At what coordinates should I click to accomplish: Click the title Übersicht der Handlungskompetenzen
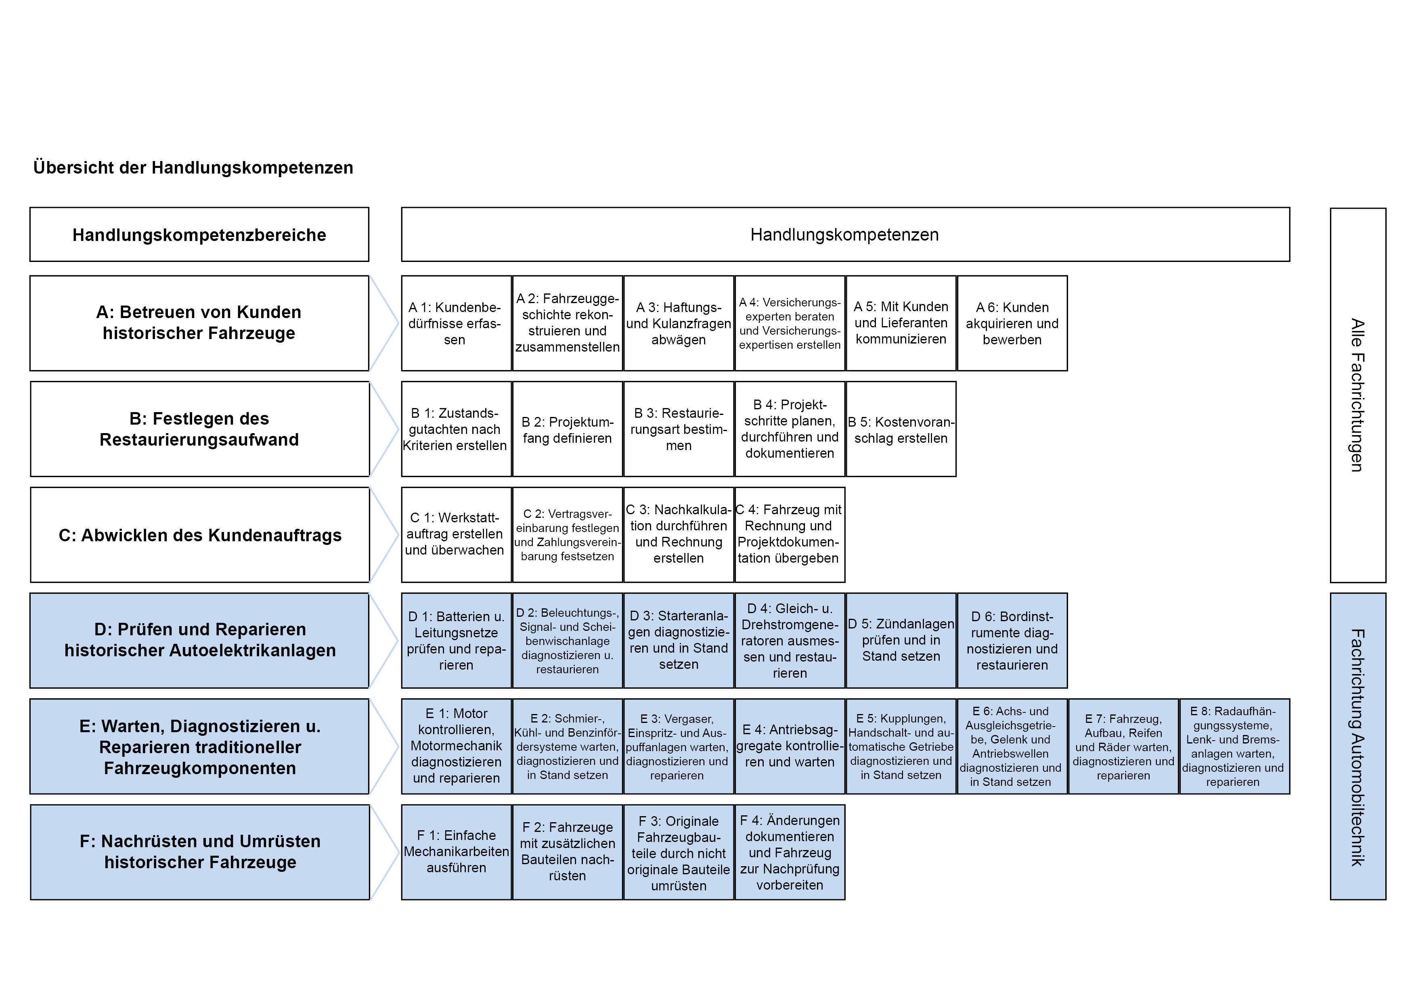point(193,168)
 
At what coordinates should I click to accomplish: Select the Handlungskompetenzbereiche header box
point(199,235)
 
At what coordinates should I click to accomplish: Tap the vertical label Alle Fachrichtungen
point(1357,395)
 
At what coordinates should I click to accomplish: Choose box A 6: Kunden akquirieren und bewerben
point(1012,323)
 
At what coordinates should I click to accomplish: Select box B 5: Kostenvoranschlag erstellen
point(901,429)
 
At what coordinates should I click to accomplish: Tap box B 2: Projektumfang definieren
point(568,429)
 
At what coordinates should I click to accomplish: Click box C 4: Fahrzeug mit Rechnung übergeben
point(790,535)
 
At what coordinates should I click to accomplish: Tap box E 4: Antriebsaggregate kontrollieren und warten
point(790,746)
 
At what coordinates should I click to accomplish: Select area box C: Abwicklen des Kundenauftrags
point(200,535)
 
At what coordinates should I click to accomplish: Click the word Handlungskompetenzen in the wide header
point(845,235)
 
